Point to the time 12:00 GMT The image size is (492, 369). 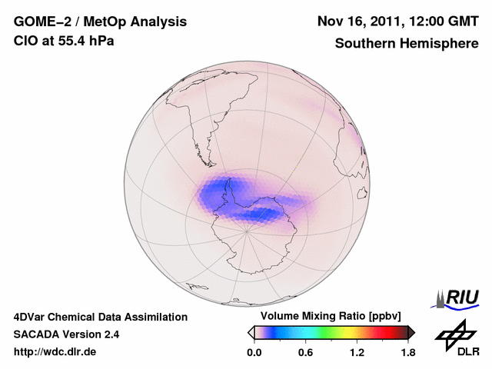pyautogui.click(x=440, y=22)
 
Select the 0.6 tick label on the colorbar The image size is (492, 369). pyautogui.click(x=305, y=353)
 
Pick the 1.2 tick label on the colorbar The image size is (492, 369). pyautogui.click(x=357, y=353)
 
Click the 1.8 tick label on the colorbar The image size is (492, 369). pyautogui.click(x=407, y=353)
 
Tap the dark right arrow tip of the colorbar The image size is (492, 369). pyautogui.click(x=411, y=332)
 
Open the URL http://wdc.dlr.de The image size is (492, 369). pyautogui.click(x=55, y=352)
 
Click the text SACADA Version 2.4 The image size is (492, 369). pyautogui.click(x=66, y=334)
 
